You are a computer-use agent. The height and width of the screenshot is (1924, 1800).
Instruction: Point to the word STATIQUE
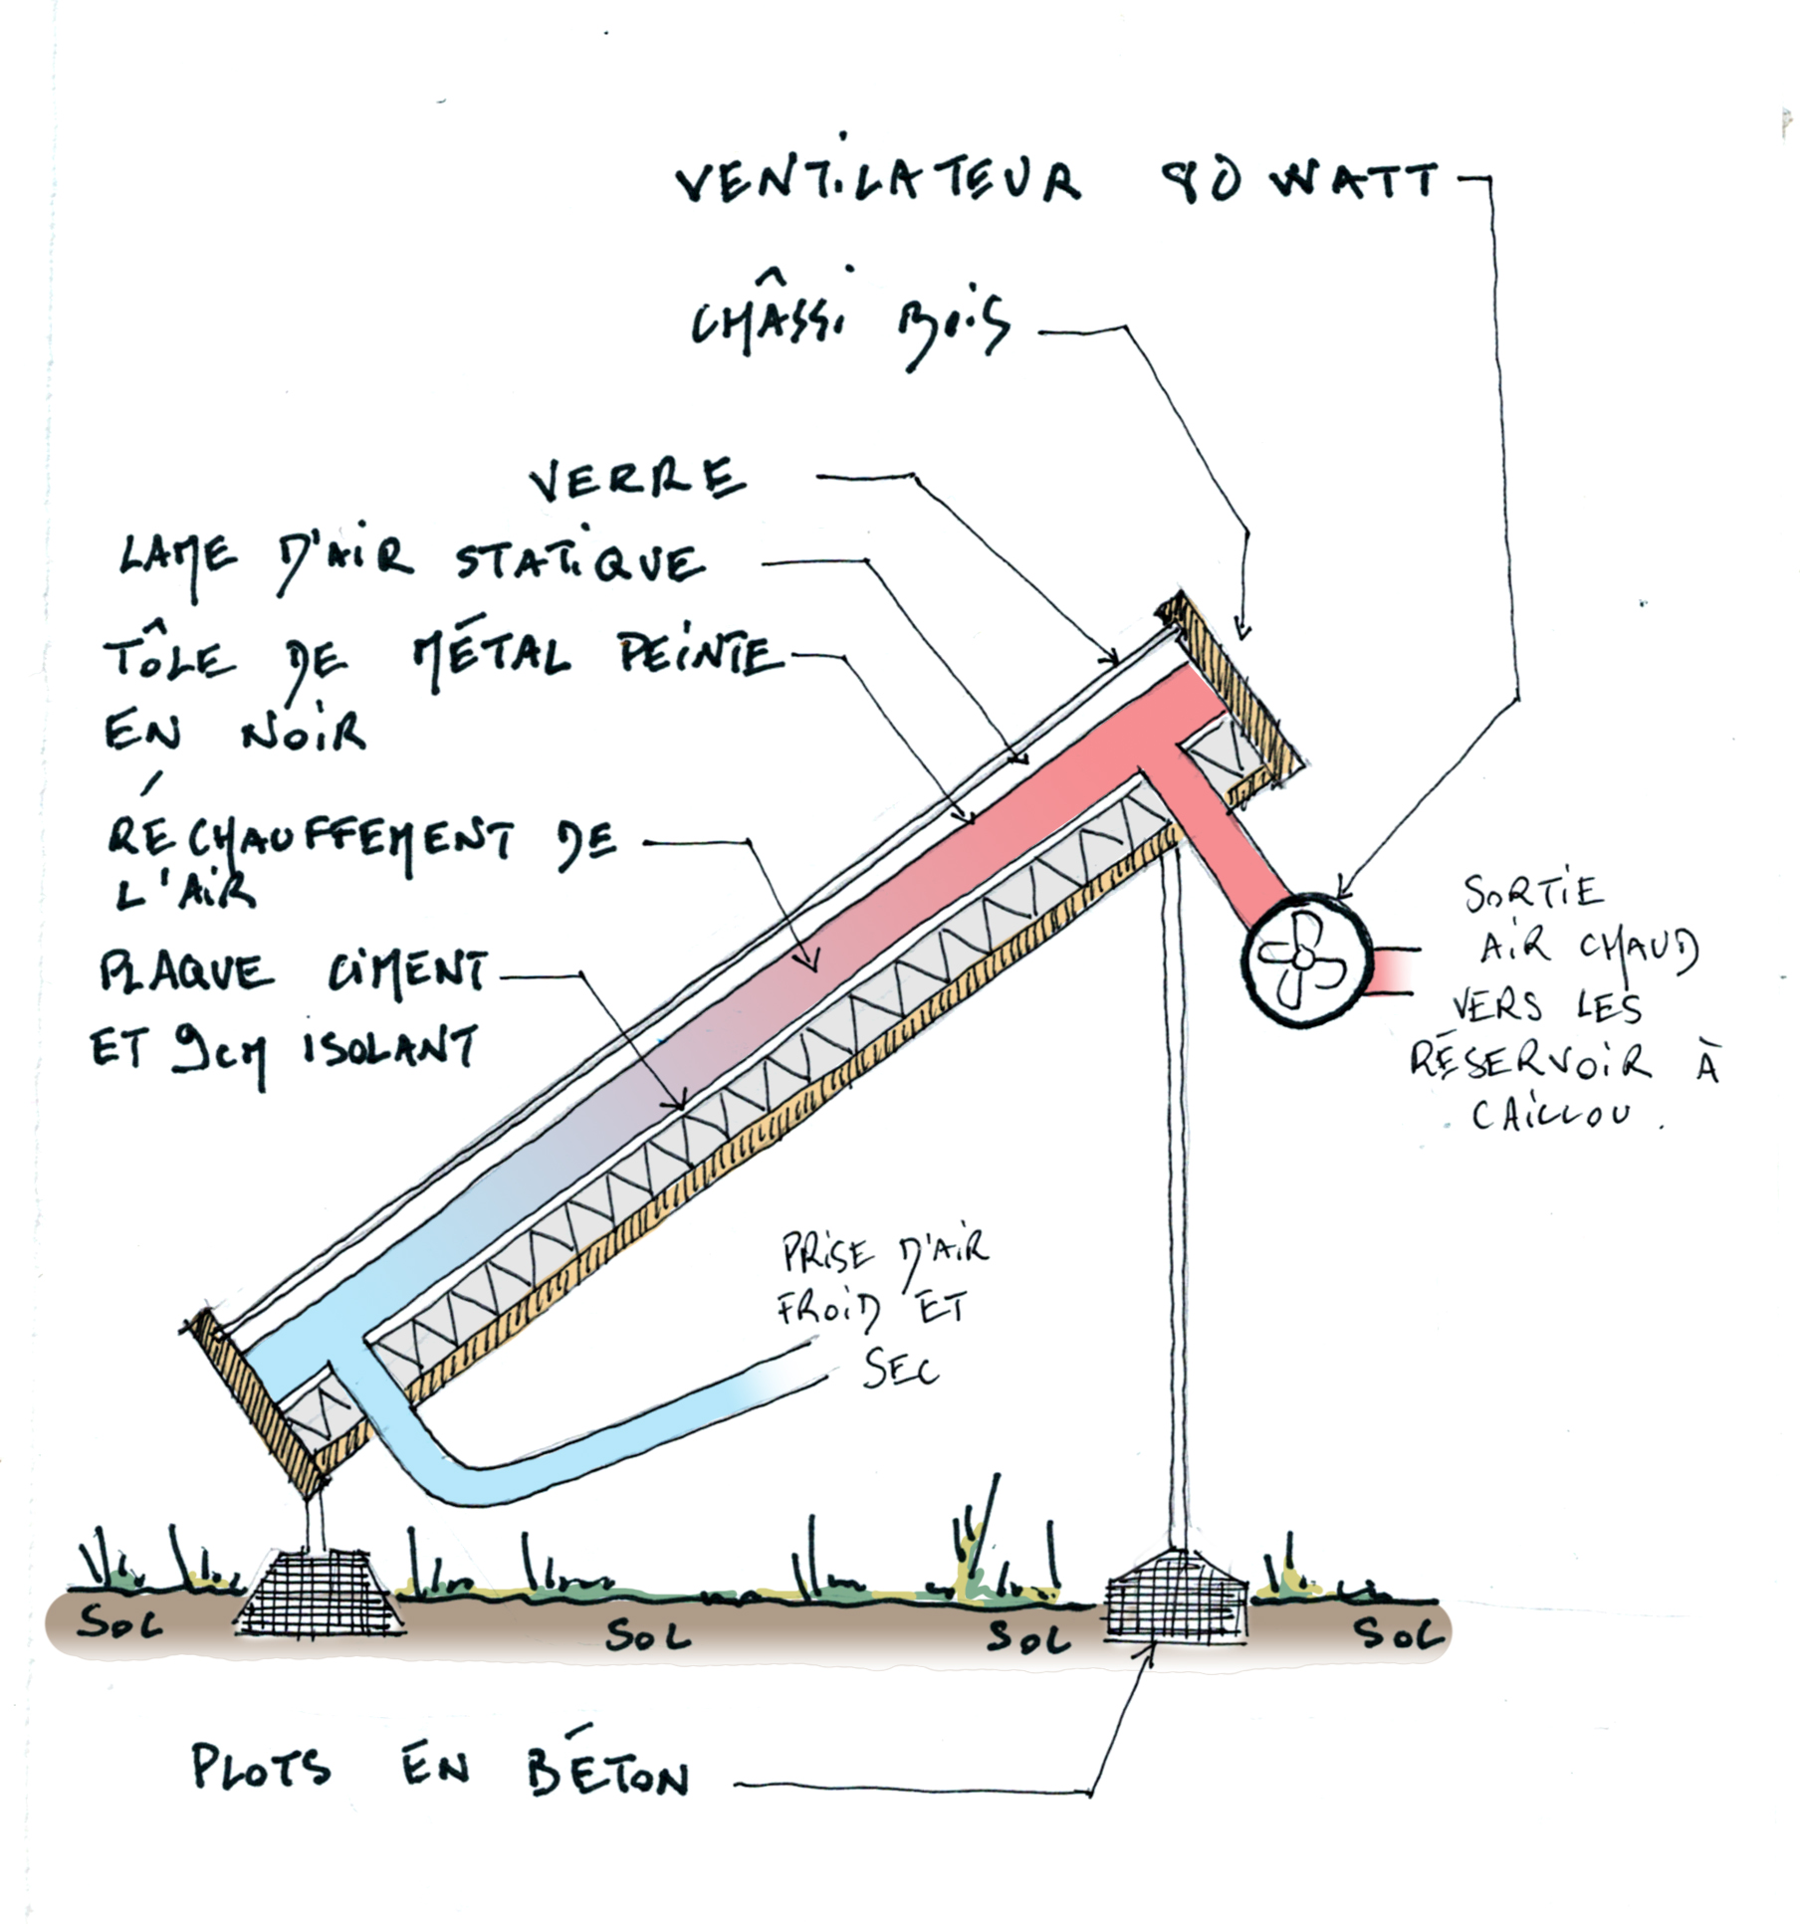tap(580, 562)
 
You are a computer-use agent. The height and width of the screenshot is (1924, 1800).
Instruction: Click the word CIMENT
tap(409, 972)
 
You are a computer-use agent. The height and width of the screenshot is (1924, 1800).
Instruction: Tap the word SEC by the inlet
tap(901, 1371)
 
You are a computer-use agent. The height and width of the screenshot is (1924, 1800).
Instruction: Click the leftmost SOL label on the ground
tap(120, 1623)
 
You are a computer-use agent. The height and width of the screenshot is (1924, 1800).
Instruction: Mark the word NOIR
tap(304, 735)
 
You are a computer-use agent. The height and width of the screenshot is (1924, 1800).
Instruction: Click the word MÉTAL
tap(492, 655)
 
